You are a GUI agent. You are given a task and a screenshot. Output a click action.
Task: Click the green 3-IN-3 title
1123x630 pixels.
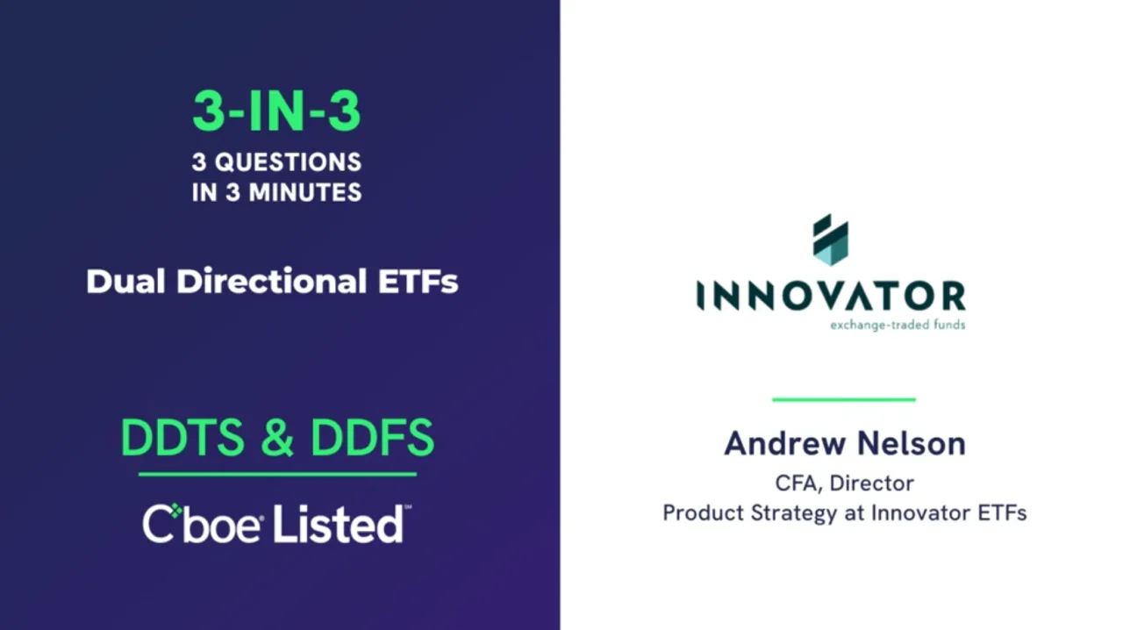[276, 111]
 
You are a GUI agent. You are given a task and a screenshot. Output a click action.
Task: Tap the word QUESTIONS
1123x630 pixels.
[289, 162]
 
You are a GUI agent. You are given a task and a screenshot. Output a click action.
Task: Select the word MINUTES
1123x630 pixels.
[305, 192]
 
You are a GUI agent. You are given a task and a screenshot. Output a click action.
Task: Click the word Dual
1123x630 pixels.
[125, 281]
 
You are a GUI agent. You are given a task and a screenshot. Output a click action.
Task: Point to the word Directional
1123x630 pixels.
[271, 281]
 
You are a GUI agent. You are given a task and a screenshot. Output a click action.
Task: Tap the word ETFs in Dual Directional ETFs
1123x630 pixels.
[418, 282]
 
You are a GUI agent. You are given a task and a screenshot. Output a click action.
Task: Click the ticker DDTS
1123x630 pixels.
[182, 438]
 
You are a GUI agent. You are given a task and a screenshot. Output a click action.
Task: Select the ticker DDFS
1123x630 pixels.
[372, 438]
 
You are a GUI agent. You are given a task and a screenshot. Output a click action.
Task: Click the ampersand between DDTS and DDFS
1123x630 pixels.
[277, 439]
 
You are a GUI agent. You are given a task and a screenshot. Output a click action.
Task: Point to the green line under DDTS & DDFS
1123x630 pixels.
[277, 474]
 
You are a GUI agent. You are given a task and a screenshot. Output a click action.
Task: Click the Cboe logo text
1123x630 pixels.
[202, 524]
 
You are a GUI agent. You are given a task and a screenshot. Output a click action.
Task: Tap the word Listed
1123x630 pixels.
[339, 524]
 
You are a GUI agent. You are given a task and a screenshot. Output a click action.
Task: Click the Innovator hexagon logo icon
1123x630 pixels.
[830, 240]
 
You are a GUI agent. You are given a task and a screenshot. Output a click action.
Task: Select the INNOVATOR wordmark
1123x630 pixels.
[831, 296]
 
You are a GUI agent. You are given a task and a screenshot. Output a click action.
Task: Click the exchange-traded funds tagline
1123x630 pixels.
[898, 325]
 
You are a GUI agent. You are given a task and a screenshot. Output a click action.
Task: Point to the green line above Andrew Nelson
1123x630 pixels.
[844, 399]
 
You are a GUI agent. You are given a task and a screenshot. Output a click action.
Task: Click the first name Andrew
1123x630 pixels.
[785, 443]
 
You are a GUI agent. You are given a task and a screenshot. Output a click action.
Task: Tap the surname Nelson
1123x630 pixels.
[912, 443]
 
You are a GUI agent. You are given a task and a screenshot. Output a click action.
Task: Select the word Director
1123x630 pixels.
[872, 483]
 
